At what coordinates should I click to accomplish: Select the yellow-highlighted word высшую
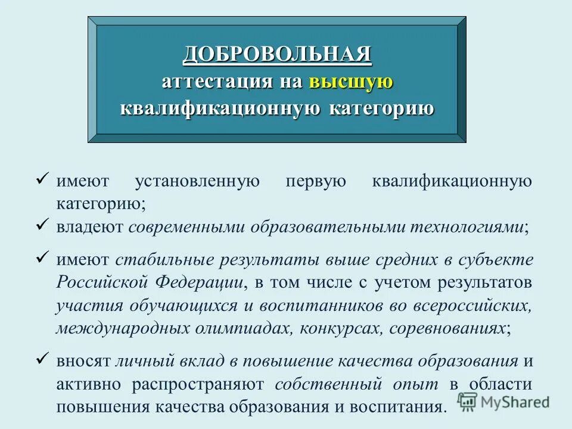click(351, 82)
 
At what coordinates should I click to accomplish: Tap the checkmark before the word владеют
click(42, 225)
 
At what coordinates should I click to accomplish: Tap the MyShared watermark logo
click(503, 401)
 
